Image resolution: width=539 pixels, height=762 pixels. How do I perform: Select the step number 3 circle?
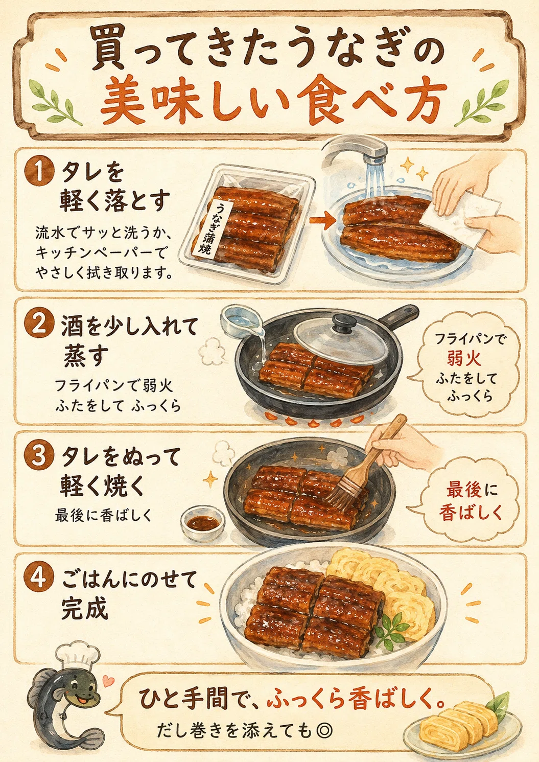coord(39,455)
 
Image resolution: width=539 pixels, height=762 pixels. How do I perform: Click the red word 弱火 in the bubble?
coord(464,358)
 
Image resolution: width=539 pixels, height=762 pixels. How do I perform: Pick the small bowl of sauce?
coord(203,523)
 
